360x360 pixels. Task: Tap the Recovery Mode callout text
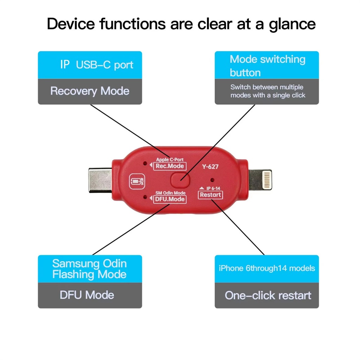pyautogui.click(x=90, y=91)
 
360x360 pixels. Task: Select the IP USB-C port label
pyautogui.click(x=97, y=65)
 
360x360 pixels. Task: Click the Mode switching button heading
pyautogui.click(x=268, y=66)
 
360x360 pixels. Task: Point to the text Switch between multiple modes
pyautogui.click(x=268, y=91)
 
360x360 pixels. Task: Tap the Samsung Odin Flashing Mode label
pyautogui.click(x=90, y=269)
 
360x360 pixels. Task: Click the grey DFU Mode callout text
pyautogui.click(x=87, y=295)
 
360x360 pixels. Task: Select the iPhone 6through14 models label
pyautogui.click(x=267, y=268)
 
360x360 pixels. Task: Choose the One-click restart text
pyautogui.click(x=268, y=295)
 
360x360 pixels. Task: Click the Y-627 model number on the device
pyautogui.click(x=210, y=167)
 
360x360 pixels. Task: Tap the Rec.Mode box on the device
pyautogui.click(x=170, y=166)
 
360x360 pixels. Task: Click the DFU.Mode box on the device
pyautogui.click(x=170, y=199)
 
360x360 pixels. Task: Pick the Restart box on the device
pyautogui.click(x=210, y=195)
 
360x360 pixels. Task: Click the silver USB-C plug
pyautogui.click(x=100, y=180)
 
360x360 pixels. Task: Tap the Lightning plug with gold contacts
pyautogui.click(x=260, y=180)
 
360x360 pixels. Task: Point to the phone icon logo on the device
pyautogui.click(x=137, y=181)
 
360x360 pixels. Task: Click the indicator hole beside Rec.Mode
pyautogui.click(x=145, y=163)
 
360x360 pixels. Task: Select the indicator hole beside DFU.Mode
pyautogui.click(x=145, y=197)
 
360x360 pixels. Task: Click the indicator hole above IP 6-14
pyautogui.click(x=212, y=180)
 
